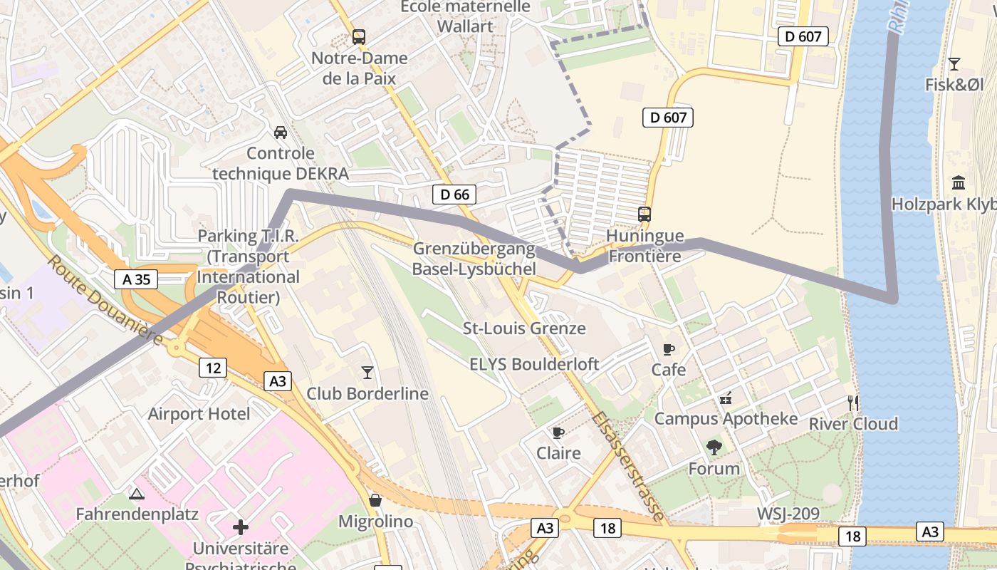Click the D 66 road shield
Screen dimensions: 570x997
pyautogui.click(x=454, y=194)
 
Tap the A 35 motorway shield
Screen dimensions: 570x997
pyautogui.click(x=136, y=279)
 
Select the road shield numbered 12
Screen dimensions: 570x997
pyautogui.click(x=212, y=368)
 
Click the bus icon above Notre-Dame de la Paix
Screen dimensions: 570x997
pyautogui.click(x=359, y=37)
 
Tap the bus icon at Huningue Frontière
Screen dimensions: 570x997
pyautogui.click(x=644, y=214)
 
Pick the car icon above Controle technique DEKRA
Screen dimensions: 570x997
pyautogui.click(x=281, y=133)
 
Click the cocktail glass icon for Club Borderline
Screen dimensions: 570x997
pyautogui.click(x=367, y=372)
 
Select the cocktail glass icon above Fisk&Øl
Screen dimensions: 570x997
pyautogui.click(x=954, y=64)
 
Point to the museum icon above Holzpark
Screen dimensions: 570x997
pyautogui.click(x=959, y=182)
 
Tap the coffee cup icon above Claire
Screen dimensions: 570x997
pyautogui.click(x=558, y=432)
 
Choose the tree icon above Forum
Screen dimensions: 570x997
pyautogui.click(x=714, y=447)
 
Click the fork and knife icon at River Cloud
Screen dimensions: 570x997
pyautogui.click(x=852, y=403)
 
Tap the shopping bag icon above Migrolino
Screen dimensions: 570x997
pyautogui.click(x=375, y=500)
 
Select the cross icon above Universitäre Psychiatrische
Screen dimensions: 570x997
pyautogui.click(x=241, y=527)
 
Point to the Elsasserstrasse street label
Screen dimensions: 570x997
pyautogui.click(x=628, y=467)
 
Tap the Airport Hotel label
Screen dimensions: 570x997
pyautogui.click(x=199, y=414)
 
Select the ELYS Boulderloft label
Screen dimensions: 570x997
pyautogui.click(x=534, y=364)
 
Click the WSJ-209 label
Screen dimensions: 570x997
pyautogui.click(x=788, y=514)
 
